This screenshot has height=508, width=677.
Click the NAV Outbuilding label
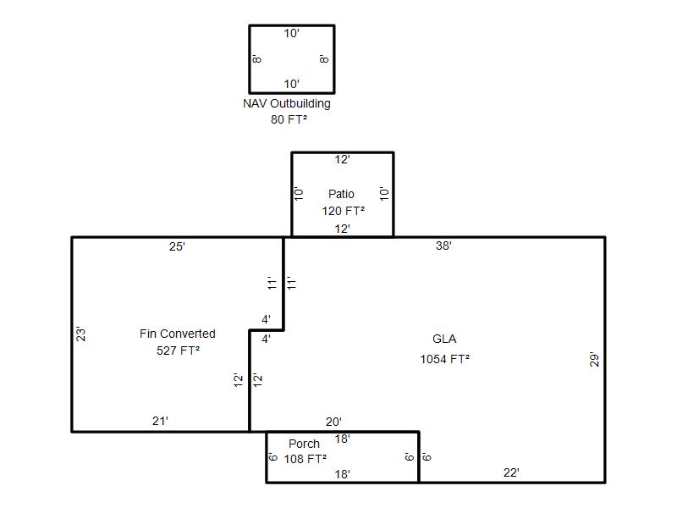(x=287, y=103)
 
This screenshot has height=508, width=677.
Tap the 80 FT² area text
(x=289, y=119)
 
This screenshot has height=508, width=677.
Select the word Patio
(x=341, y=194)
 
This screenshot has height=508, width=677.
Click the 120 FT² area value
(x=344, y=211)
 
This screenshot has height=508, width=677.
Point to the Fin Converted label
(x=178, y=334)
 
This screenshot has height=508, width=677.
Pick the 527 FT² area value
(x=178, y=351)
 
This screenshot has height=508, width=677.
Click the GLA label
(x=444, y=339)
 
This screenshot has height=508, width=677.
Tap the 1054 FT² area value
(x=445, y=359)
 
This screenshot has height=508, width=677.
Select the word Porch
(x=304, y=444)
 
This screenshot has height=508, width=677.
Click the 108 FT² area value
(x=305, y=459)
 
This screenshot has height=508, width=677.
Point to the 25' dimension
(x=177, y=246)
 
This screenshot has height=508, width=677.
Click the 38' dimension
(x=443, y=246)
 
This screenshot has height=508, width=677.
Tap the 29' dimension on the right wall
(x=595, y=360)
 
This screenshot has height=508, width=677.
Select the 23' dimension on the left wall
(x=80, y=334)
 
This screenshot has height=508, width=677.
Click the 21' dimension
(x=160, y=421)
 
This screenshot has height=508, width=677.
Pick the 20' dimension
(x=333, y=422)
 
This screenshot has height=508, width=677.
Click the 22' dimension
(x=511, y=472)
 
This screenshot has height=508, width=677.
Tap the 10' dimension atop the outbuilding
(x=291, y=33)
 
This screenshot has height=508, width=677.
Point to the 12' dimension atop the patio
(x=342, y=160)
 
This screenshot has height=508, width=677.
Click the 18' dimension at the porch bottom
(x=342, y=474)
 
